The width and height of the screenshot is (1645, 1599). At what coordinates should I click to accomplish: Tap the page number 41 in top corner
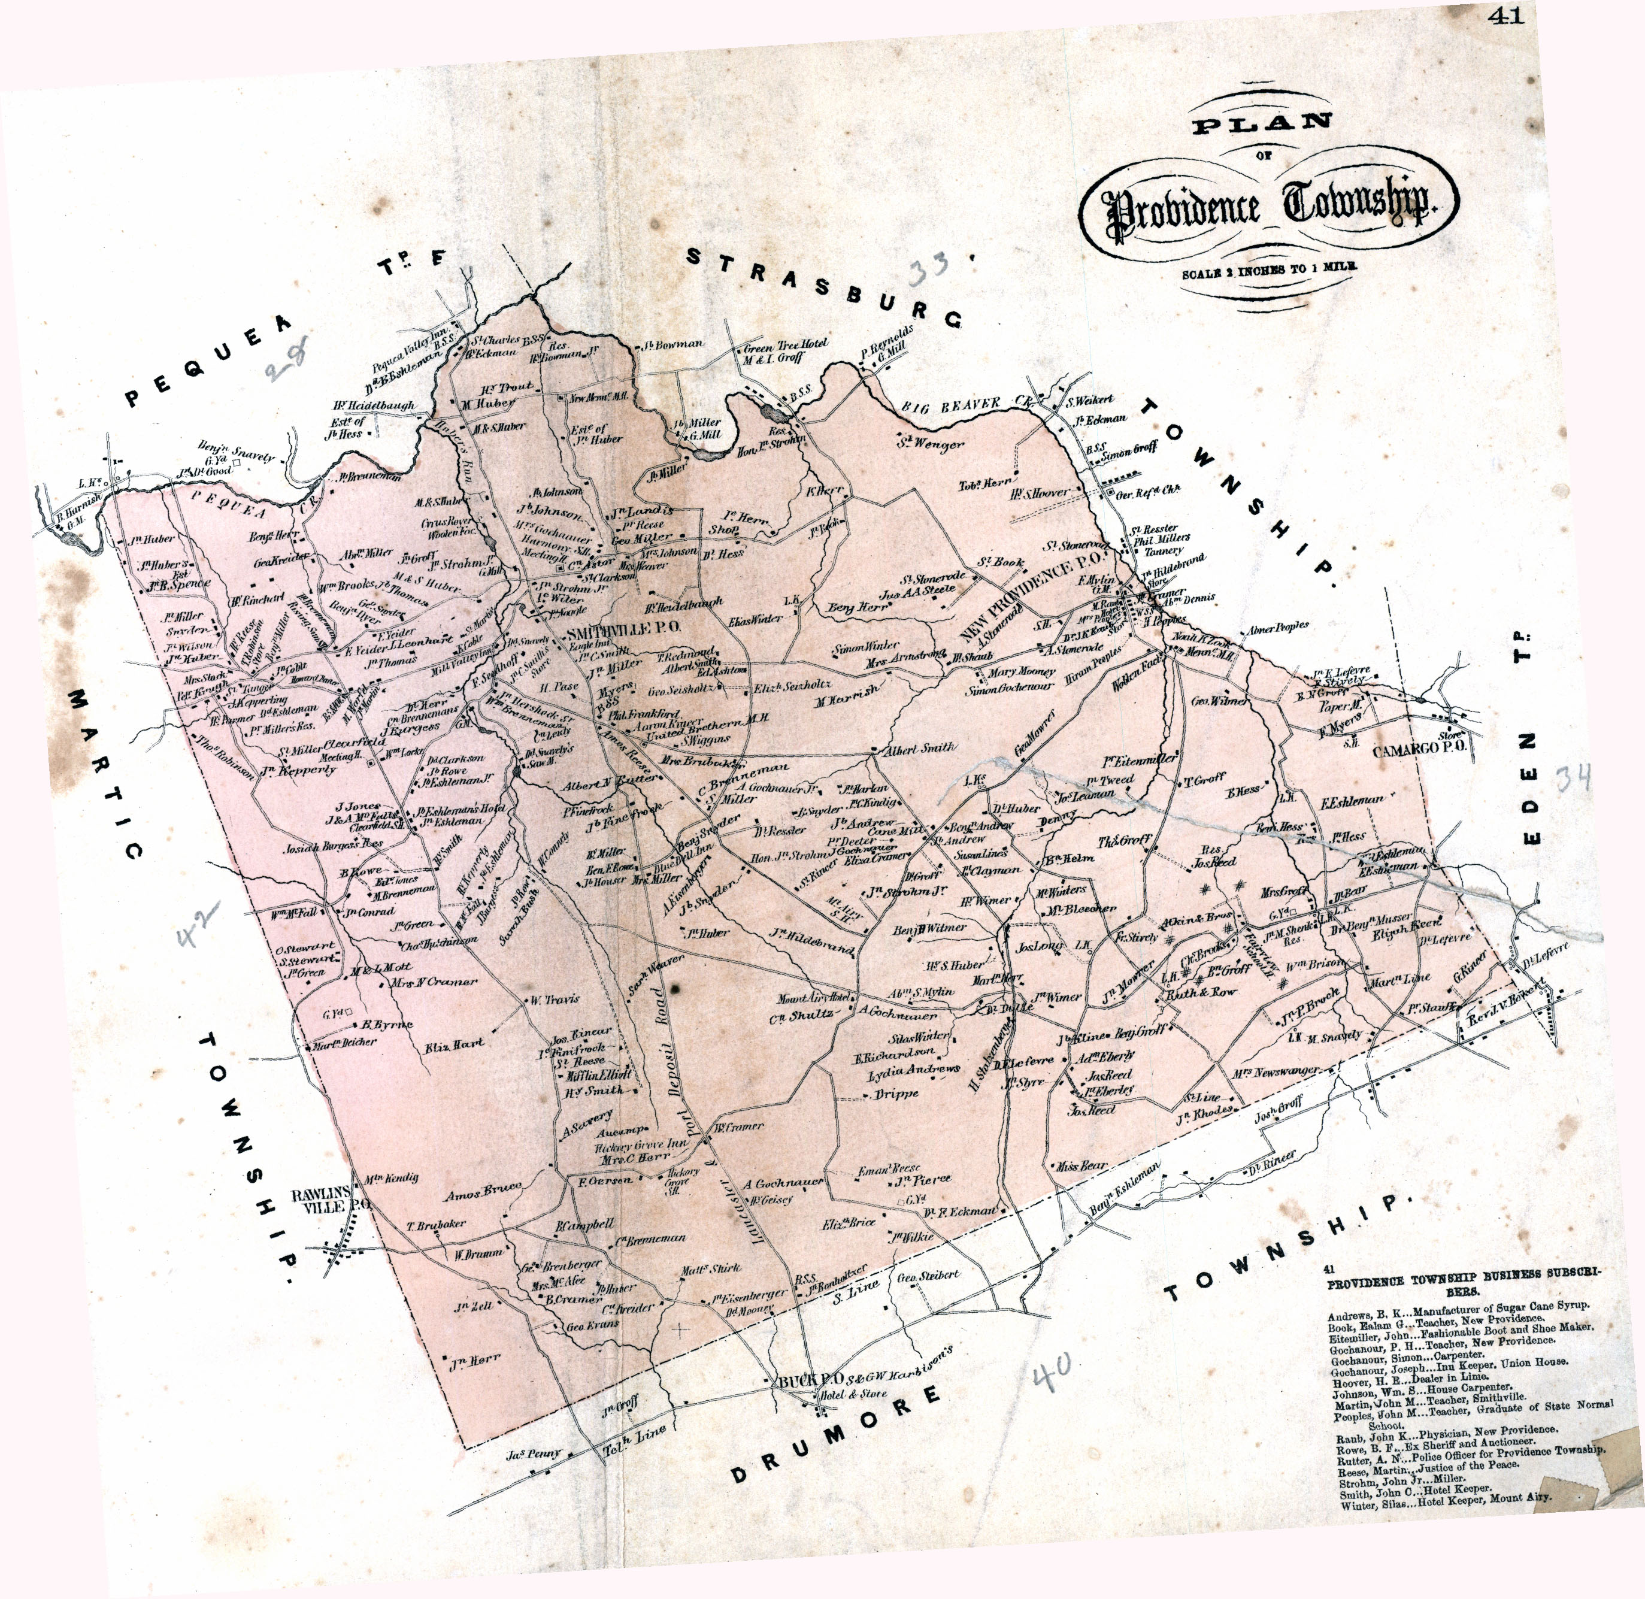point(1507,16)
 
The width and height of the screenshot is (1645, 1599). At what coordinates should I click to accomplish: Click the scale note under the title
point(1270,271)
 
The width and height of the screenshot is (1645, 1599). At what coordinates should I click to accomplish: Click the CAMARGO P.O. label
point(1419,749)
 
